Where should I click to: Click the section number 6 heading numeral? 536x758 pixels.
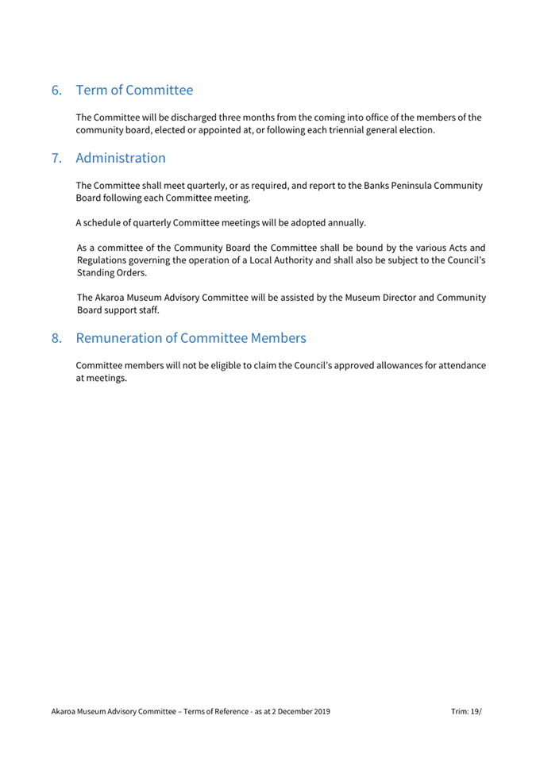(x=56, y=90)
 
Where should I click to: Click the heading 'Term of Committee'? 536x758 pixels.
(x=134, y=90)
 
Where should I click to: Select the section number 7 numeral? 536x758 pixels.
(x=56, y=158)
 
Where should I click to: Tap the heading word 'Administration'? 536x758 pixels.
(x=121, y=158)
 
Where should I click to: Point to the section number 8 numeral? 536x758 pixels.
(x=56, y=338)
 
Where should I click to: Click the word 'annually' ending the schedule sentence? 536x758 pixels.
(x=345, y=222)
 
